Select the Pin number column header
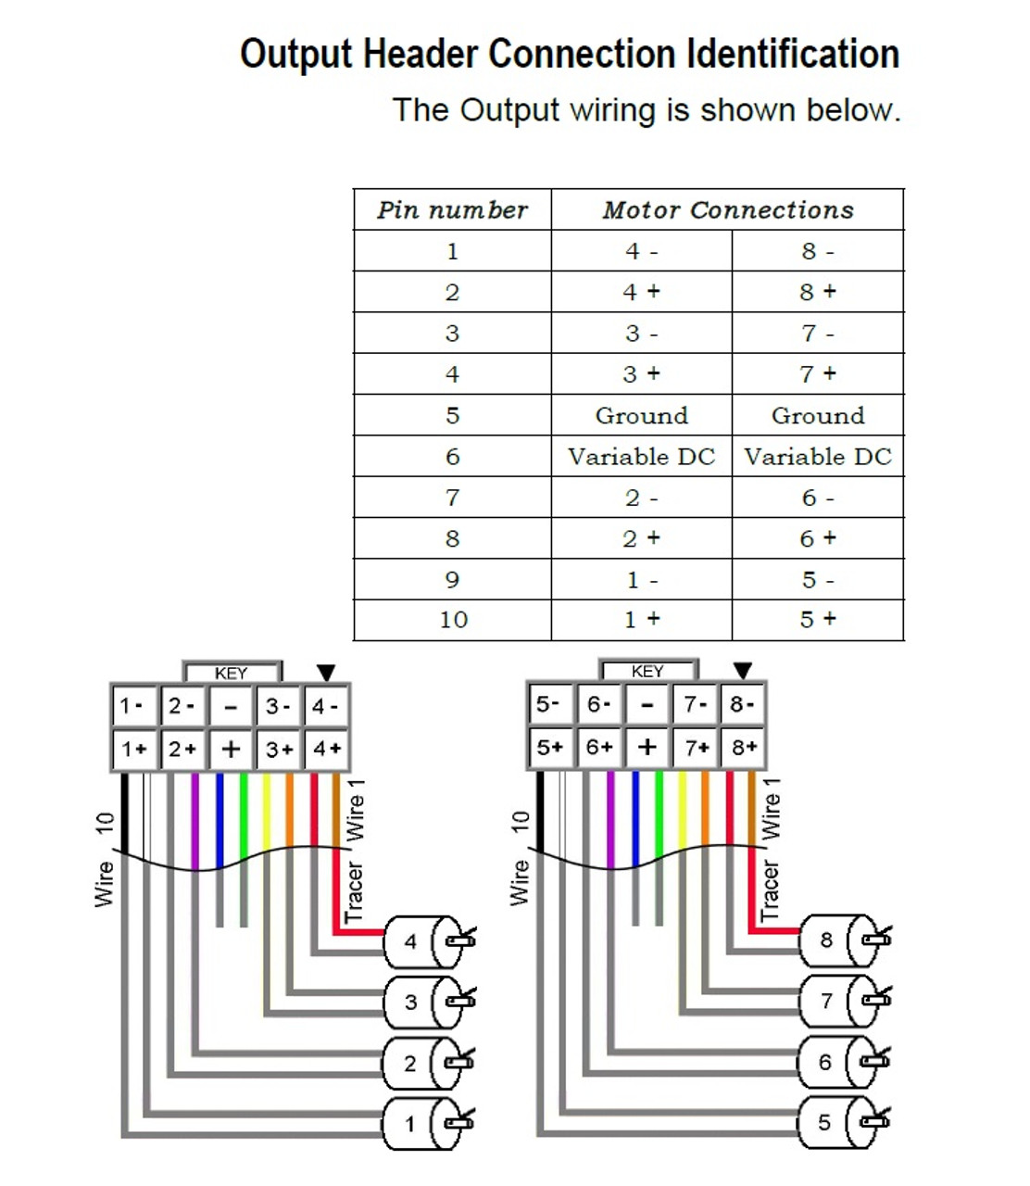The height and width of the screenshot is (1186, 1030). (452, 210)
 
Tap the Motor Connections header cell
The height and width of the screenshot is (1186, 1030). (728, 210)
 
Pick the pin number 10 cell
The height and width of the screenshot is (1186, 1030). (453, 620)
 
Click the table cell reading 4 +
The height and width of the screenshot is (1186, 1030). (641, 292)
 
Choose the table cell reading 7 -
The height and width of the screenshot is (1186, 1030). (818, 333)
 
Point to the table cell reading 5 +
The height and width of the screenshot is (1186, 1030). (818, 620)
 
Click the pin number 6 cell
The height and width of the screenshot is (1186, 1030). (452, 457)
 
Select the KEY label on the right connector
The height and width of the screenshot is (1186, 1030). (647, 672)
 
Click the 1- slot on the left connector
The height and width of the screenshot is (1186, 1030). (133, 707)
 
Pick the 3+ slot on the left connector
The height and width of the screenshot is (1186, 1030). (279, 749)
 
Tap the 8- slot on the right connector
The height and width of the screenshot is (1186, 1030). (743, 705)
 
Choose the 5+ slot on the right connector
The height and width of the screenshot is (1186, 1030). (549, 747)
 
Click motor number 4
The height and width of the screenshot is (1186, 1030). (421, 942)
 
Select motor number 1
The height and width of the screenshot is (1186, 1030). (421, 1124)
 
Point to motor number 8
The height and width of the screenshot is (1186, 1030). (836, 940)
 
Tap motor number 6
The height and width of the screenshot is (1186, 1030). (836, 1062)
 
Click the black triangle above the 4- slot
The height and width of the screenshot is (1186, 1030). (326, 673)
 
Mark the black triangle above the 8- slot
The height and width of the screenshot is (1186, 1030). (743, 671)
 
